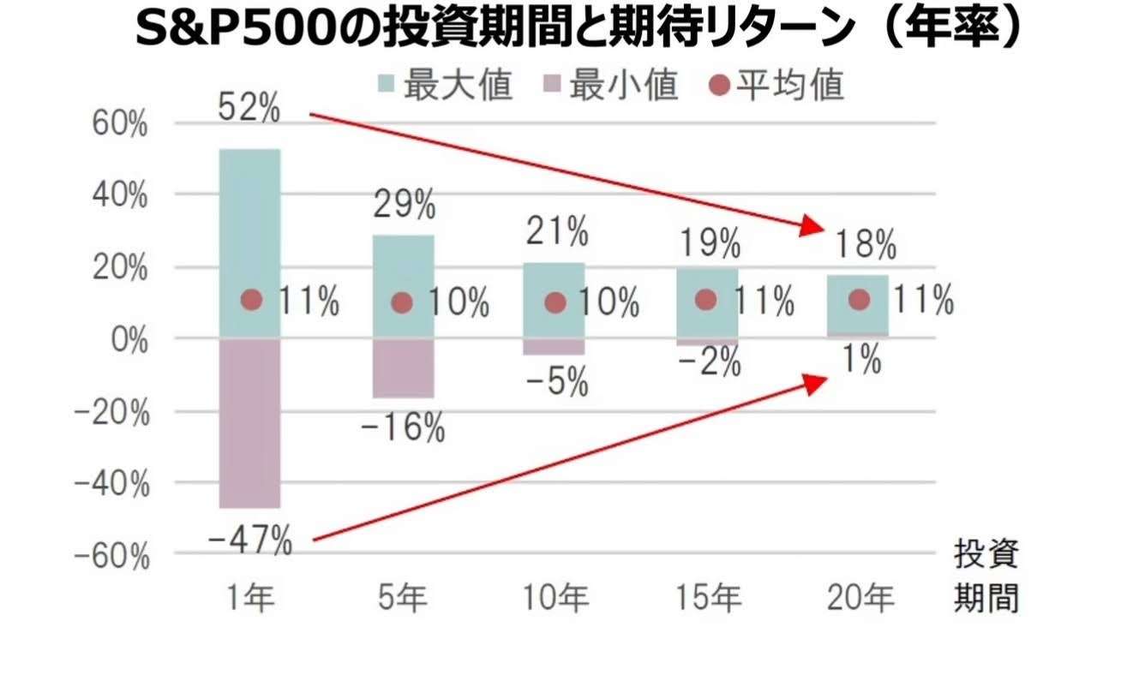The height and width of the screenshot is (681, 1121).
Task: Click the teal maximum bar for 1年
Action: [250, 214]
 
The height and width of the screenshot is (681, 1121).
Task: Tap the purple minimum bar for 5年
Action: [403, 368]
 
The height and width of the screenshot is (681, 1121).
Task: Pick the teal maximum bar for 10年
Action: [555, 278]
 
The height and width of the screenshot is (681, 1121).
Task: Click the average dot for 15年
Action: [705, 299]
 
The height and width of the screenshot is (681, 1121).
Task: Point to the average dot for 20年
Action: [860, 299]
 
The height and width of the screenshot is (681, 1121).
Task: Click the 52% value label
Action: [249, 109]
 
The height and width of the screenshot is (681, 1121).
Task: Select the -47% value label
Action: [250, 541]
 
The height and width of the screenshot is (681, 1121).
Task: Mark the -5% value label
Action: [557, 381]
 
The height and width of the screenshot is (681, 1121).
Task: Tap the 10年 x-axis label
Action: [556, 599]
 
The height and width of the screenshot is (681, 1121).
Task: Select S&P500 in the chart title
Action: [226, 30]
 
